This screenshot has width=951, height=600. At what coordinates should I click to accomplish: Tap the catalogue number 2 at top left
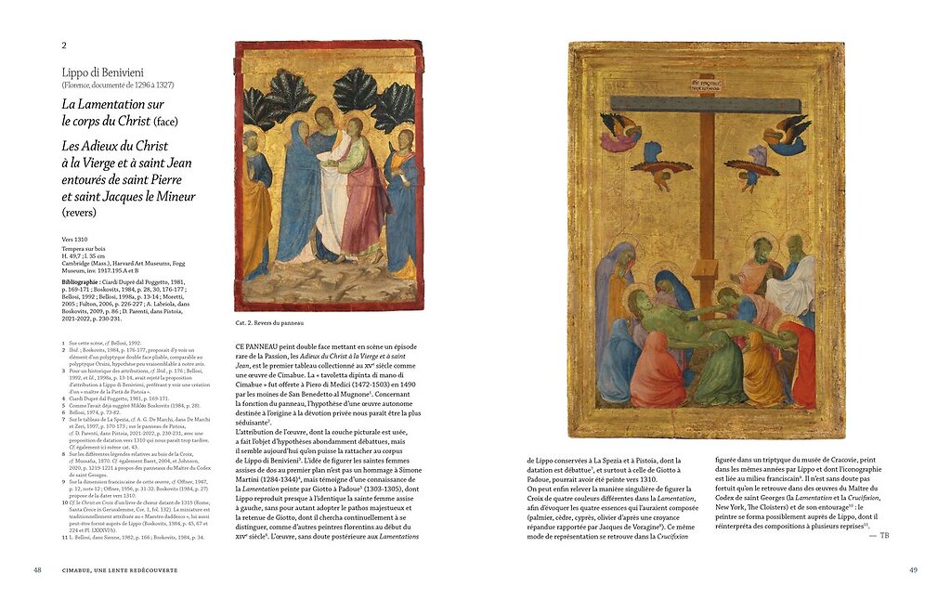[x=64, y=45]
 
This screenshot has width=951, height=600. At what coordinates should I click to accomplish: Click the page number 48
[x=38, y=569]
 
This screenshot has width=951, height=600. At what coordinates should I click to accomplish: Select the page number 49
[x=913, y=569]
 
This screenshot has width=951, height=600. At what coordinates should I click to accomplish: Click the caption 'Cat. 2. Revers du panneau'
[x=269, y=324]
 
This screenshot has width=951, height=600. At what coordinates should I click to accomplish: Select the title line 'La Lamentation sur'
[x=112, y=105]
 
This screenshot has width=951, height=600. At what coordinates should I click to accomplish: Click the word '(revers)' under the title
[x=81, y=212]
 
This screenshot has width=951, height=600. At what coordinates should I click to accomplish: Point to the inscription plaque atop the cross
[x=707, y=84]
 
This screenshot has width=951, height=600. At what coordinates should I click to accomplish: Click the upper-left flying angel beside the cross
[x=619, y=132]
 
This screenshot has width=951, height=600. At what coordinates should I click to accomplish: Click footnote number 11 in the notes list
[x=64, y=537]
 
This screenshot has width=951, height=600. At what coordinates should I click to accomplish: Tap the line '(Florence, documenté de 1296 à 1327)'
[x=118, y=85]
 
